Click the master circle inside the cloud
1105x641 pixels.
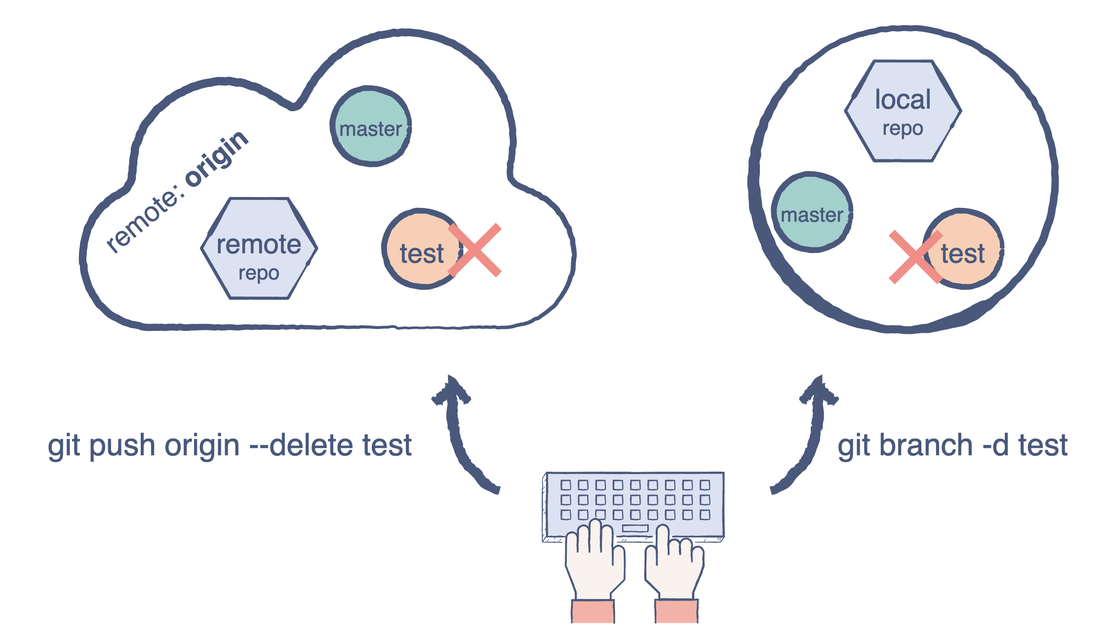[370, 127]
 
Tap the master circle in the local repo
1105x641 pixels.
[812, 213]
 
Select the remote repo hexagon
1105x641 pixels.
[259, 248]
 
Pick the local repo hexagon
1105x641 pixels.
[903, 111]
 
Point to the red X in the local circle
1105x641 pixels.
[915, 257]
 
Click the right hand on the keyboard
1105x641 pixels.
[674, 568]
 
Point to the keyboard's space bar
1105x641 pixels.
[635, 528]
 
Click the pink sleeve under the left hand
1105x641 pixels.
[593, 611]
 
